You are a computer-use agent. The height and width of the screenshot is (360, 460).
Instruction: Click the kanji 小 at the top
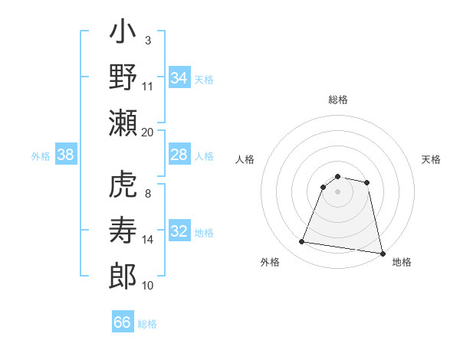[x=123, y=35]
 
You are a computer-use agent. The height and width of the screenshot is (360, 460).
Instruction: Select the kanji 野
[x=123, y=80]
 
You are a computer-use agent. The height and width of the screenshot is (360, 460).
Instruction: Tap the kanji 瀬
[x=123, y=124]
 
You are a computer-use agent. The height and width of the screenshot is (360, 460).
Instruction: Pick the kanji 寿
[x=123, y=231]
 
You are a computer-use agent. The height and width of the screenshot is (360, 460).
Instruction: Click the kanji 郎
[x=123, y=276]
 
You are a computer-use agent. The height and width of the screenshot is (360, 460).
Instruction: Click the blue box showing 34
[x=179, y=77]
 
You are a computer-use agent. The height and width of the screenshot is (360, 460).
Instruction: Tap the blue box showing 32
[x=179, y=232]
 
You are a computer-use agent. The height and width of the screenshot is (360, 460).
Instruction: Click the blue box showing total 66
[x=123, y=322]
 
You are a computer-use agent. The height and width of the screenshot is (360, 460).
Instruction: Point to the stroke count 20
[x=148, y=132]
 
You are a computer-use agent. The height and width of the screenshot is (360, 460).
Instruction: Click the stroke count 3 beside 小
[x=148, y=40]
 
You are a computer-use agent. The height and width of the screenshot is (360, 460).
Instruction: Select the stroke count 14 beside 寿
[x=148, y=240]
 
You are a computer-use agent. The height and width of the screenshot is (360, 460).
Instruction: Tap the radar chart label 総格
[x=338, y=100]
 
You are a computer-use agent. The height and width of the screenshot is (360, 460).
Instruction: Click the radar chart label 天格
[x=432, y=159]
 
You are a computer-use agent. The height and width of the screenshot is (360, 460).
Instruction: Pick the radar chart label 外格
[x=269, y=263]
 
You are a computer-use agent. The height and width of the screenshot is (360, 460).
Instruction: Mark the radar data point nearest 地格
[x=381, y=252]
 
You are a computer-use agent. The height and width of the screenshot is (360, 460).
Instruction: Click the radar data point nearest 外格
[x=301, y=242]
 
